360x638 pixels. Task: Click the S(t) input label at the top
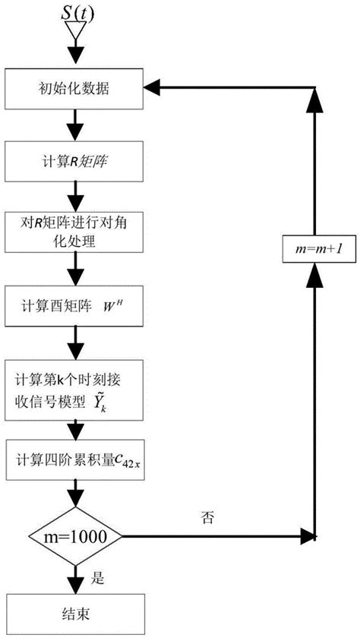74,13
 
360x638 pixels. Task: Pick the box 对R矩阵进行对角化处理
74,231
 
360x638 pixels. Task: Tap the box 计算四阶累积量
74,459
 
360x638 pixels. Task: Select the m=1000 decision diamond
74,536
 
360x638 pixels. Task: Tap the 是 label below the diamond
96,577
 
